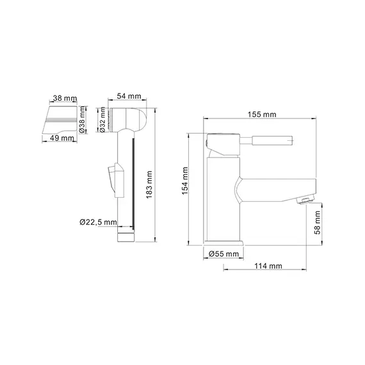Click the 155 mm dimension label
[x=262, y=115]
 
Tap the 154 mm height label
[x=185, y=181]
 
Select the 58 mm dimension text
[x=317, y=223]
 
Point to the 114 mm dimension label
[x=268, y=266]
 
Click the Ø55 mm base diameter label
[x=223, y=254]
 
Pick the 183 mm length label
[x=149, y=184]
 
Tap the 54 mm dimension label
[x=129, y=96]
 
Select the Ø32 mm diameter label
[x=102, y=120]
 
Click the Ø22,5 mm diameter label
[x=98, y=222]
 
